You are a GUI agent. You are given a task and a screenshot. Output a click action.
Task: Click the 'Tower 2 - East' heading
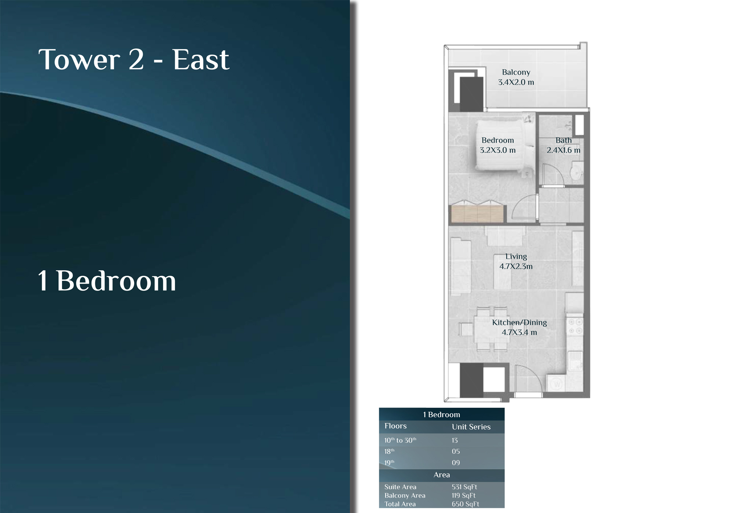pos(134,59)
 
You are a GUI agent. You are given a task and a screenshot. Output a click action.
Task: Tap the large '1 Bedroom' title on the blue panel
pos(107,281)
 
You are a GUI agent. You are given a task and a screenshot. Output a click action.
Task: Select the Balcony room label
pos(516,72)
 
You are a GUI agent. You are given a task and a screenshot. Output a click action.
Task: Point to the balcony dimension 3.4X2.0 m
pos(516,82)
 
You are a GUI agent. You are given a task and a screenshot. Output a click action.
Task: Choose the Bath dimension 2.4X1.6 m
pos(563,150)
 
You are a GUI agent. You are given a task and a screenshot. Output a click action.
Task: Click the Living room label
pos(516,256)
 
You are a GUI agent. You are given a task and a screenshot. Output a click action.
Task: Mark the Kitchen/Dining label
pos(519,322)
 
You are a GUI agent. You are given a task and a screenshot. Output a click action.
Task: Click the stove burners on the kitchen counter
pos(575,326)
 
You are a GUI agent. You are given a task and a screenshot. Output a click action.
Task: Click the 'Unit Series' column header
pos(471,427)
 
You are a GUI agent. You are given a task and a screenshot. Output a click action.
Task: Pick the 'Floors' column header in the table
pos(395,426)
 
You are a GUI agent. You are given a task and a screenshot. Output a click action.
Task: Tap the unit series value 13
pos(455,440)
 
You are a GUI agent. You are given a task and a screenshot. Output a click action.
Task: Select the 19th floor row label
pos(389,463)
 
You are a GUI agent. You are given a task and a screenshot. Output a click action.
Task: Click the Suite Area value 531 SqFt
pos(464,487)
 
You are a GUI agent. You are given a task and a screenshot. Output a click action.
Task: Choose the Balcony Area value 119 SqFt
pos(463,495)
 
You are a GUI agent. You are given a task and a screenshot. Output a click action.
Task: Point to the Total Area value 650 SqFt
pos(465,504)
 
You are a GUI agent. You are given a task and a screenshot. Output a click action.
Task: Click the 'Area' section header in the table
pos(442,475)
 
